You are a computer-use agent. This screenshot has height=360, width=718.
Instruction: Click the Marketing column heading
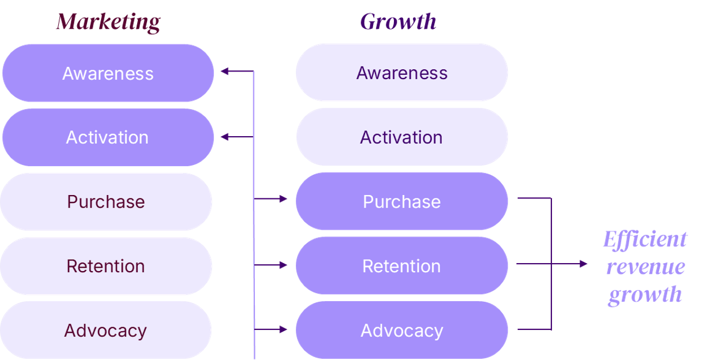(108, 22)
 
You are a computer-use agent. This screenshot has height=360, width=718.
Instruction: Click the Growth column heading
(398, 22)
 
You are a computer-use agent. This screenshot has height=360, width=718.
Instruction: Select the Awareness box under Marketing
(108, 73)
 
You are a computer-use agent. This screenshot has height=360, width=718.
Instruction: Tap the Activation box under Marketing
(108, 137)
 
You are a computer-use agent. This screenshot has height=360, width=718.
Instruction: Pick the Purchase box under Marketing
(106, 202)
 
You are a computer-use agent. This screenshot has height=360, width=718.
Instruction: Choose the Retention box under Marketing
(106, 266)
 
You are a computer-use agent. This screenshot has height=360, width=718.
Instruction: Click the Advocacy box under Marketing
(106, 330)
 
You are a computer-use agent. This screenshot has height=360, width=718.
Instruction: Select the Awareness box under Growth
(401, 73)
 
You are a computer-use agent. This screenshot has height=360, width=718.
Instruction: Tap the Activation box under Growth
(401, 137)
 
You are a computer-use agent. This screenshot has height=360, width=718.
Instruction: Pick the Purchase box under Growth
(401, 201)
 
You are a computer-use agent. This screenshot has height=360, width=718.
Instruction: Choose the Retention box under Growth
(401, 265)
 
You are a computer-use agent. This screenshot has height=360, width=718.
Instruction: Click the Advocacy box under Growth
(401, 330)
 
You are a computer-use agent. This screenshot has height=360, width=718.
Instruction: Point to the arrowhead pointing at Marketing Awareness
(225, 71)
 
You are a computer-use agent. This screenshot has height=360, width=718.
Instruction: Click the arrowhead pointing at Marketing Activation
(225, 137)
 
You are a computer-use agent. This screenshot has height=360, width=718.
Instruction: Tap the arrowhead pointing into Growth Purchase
(283, 199)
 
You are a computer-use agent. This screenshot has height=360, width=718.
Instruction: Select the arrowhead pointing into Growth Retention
(283, 265)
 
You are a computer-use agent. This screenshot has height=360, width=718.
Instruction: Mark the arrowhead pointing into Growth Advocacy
(283, 329)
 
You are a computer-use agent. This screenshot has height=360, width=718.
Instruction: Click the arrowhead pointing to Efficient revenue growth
(584, 264)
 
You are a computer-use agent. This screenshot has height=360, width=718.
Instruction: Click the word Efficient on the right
(645, 239)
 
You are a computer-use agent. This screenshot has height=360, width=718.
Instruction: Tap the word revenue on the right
(645, 267)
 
